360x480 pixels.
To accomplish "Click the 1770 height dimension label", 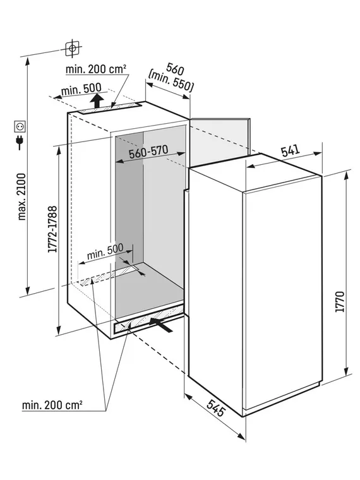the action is [340, 302].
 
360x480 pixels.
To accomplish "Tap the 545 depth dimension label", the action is [215, 408].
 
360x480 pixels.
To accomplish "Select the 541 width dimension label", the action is [291, 150].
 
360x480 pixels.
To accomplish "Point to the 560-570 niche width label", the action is [148, 151].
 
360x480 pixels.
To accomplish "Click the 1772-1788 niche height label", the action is [52, 229].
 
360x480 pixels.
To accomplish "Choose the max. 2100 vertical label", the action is [21, 197].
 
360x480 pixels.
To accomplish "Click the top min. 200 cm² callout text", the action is [96, 69].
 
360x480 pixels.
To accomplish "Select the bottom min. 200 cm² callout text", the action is [52, 405].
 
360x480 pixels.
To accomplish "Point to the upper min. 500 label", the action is [81, 90].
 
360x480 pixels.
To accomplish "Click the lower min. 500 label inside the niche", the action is [105, 251].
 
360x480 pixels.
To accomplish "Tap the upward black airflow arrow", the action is [97, 100].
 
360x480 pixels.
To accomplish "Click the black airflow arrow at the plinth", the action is [161, 325].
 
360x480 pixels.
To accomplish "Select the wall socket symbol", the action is [20, 126].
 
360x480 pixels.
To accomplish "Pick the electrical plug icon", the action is [20, 142].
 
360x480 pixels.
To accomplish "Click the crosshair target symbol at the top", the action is [72, 49].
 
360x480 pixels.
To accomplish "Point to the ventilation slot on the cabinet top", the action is [110, 108].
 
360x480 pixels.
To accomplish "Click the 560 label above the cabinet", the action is [175, 69].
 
